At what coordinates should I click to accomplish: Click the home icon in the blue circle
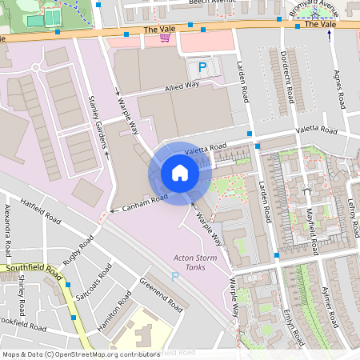pyautogui.click(x=179, y=172)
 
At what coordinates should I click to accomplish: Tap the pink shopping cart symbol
pyautogui.click(x=165, y=37)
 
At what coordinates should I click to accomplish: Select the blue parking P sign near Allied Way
pyautogui.click(x=202, y=68)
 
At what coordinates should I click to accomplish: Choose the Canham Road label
pyautogui.click(x=144, y=202)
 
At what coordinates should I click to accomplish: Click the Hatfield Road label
pyautogui.click(x=41, y=209)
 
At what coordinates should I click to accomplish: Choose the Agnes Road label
pyautogui.click(x=338, y=90)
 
